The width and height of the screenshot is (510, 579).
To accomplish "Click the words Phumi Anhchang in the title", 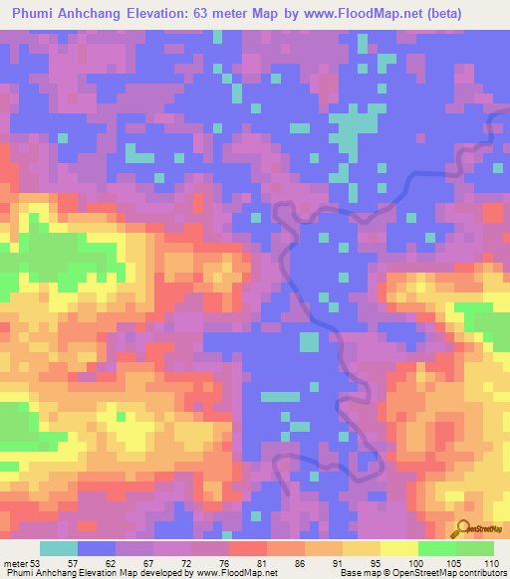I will tap(61, 14).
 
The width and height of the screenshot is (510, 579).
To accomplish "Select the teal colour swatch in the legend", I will tap(59, 548).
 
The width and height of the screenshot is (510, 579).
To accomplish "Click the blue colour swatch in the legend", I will tap(97, 548).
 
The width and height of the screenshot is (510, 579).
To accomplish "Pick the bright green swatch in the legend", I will tap(437, 548).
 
